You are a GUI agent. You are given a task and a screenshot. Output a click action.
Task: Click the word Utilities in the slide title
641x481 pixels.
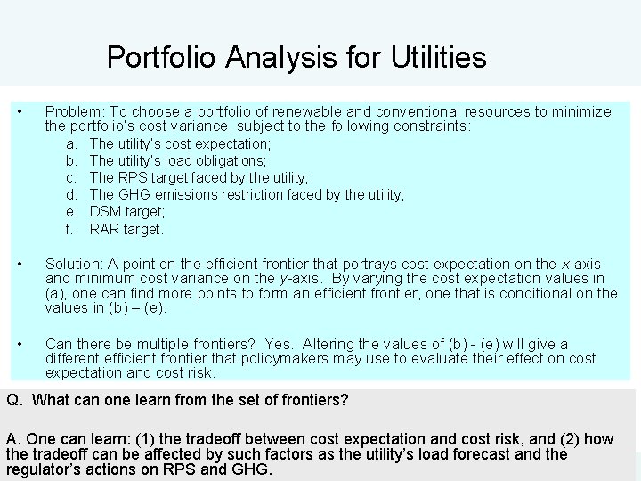tap(438, 58)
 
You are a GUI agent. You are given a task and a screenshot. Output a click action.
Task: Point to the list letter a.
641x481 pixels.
tap(72, 143)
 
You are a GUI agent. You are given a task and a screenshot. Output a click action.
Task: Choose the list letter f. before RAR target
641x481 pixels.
tap(71, 229)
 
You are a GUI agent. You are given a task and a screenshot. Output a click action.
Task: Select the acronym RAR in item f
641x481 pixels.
tap(105, 229)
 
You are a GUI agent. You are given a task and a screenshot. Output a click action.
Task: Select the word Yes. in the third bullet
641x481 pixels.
tap(277, 344)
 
